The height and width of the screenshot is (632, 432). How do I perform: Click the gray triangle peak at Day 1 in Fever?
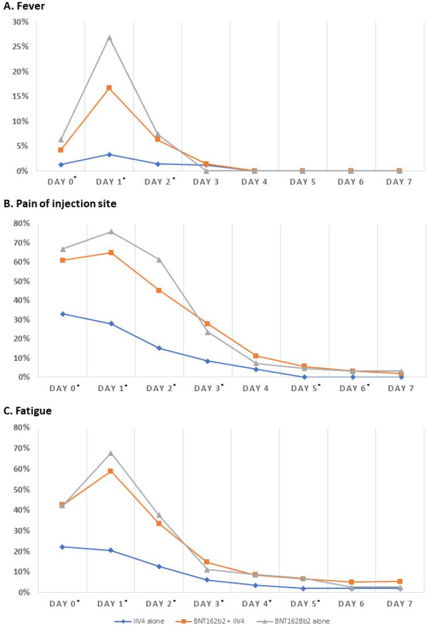point(110,38)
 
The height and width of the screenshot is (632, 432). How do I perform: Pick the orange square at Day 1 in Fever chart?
point(110,88)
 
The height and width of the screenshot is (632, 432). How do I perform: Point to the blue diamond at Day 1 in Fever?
point(110,154)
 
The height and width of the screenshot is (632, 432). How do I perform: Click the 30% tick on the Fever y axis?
point(21,22)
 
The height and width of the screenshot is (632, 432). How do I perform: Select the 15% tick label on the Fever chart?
point(21,96)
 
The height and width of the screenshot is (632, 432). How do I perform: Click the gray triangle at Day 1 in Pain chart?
point(111,232)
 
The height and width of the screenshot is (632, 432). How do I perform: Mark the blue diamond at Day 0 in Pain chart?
point(62,314)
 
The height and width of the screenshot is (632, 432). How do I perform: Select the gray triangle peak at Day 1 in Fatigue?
point(111,453)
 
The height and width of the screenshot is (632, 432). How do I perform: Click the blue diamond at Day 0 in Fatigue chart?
point(62,547)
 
